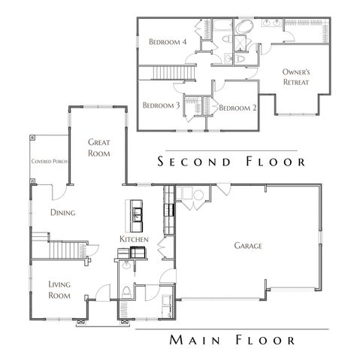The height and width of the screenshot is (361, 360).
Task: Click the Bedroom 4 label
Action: tap(167, 42)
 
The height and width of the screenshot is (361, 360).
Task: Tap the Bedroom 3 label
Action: tap(161, 105)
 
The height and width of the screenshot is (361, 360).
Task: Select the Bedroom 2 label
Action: tap(237, 108)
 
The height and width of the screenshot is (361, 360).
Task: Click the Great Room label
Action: tap(99, 147)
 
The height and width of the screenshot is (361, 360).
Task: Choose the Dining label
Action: tap(63, 213)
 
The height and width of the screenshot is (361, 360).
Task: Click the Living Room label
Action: tap(60, 290)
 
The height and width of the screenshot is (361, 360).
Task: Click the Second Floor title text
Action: tap(228, 162)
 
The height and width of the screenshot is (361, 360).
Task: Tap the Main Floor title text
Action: tap(231, 341)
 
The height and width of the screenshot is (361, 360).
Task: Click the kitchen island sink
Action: tap(139, 217)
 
